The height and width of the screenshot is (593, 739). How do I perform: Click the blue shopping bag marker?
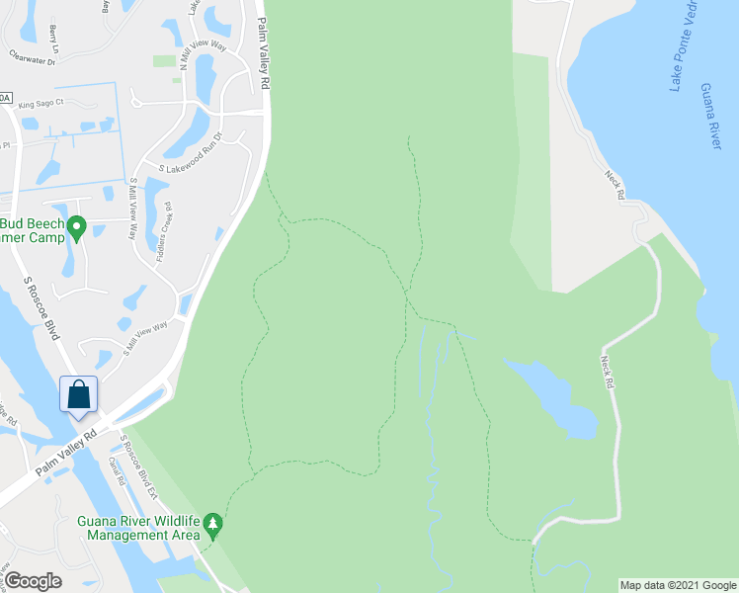pyautogui.click(x=79, y=394)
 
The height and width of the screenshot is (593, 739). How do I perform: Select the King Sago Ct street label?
pyautogui.click(x=41, y=103)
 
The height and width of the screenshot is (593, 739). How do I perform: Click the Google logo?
pyautogui.click(x=34, y=581)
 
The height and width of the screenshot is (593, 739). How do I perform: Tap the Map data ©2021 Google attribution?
pyautogui.click(x=678, y=585)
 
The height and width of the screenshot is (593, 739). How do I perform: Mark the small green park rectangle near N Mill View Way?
pyautogui.click(x=164, y=61)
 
